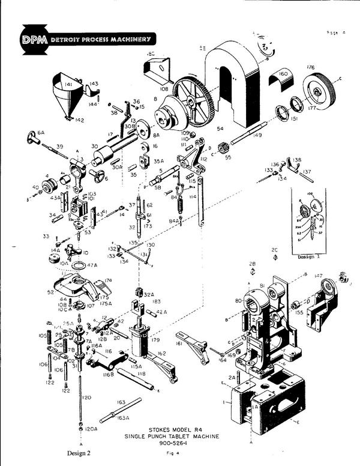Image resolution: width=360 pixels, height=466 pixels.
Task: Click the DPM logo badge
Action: coord(30,40)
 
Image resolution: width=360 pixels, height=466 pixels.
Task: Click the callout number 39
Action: coord(60,147)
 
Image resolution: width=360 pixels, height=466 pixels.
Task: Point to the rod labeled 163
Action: coord(120,406)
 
